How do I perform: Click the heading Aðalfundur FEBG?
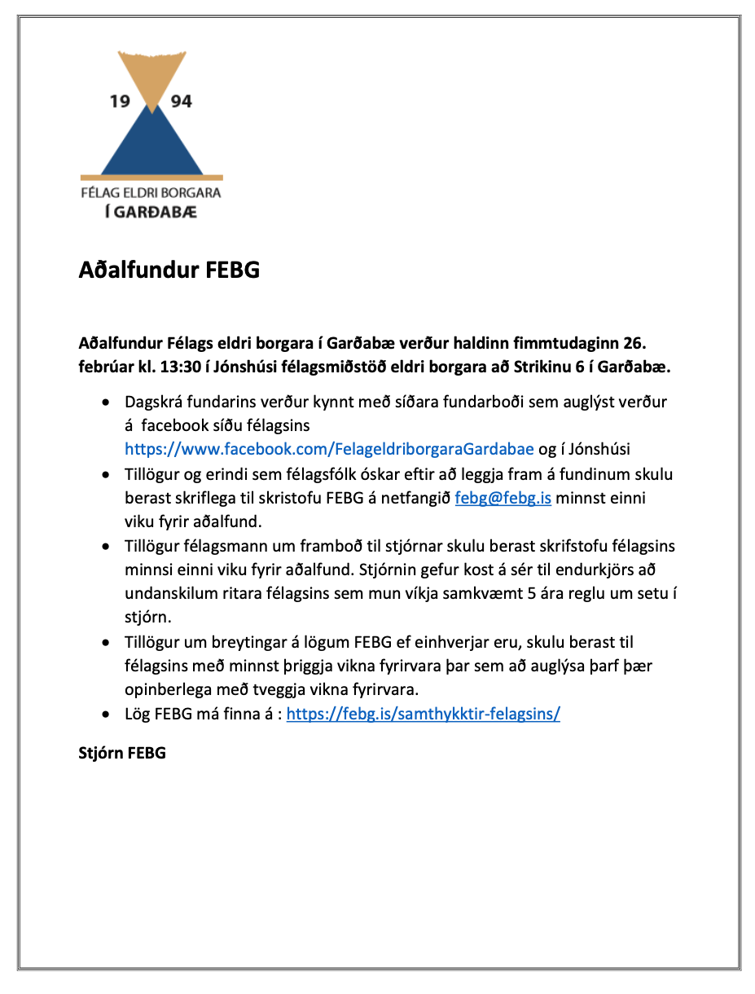click(x=169, y=270)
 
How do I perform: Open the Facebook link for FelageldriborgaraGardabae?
click(x=329, y=448)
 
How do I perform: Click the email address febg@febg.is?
click(x=503, y=498)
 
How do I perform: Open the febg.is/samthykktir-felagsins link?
click(x=423, y=715)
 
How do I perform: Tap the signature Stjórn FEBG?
click(x=122, y=753)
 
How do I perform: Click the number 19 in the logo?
click(x=120, y=102)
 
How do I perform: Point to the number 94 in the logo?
click(x=181, y=102)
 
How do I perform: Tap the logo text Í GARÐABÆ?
click(x=151, y=212)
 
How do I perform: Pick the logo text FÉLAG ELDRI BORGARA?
click(x=151, y=194)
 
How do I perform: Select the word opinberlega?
click(x=172, y=689)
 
